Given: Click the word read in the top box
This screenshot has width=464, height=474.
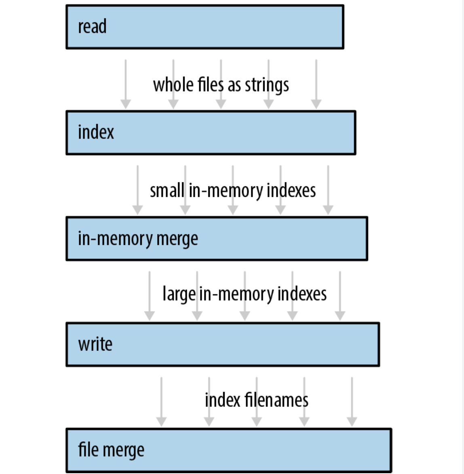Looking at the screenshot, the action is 92,26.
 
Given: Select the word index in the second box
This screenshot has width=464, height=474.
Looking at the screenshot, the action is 96,132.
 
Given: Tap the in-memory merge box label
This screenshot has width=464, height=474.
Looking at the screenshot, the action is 138,239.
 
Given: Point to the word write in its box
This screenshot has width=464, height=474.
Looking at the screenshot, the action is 95,344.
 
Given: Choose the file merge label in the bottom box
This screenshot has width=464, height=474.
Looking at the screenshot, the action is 111,450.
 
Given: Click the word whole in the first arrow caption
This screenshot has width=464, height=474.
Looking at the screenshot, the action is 173,84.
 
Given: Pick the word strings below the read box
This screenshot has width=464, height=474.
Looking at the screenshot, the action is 267,86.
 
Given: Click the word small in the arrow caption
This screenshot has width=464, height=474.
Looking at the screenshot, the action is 167,190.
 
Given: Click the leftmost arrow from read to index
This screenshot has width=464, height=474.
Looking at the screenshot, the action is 126,84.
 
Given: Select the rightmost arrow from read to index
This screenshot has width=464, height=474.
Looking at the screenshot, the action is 316,84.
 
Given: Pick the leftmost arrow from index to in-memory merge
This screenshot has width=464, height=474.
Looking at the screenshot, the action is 137,190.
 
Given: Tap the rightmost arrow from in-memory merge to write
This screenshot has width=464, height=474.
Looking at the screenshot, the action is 340,296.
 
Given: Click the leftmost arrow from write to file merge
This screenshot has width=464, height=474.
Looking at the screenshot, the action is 161,402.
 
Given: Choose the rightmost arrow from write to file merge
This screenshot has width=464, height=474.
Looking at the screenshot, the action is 352,402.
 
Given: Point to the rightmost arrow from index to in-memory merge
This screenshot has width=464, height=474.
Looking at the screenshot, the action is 328,190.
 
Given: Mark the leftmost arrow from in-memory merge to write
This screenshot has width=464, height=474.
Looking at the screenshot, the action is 150,296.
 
